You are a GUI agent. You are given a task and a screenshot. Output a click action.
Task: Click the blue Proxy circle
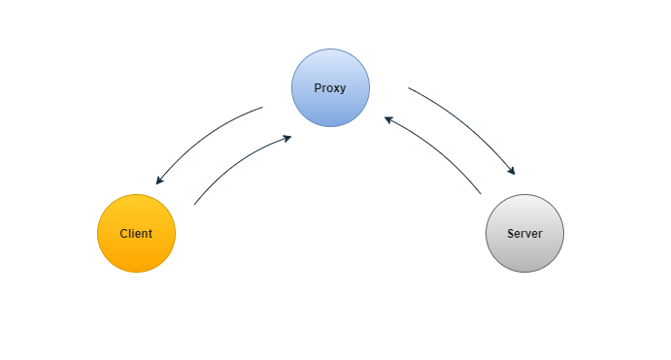[x=330, y=68]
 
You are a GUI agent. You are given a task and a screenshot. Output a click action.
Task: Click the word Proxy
[x=330, y=88]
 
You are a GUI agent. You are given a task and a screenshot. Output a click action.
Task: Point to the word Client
[x=136, y=234]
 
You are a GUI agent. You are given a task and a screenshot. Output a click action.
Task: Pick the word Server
[x=524, y=234]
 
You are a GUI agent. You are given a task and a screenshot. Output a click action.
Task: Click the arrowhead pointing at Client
[x=158, y=181]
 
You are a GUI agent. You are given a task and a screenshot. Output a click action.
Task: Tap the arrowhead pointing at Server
[x=512, y=172]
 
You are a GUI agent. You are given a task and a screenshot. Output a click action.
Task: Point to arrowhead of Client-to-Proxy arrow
[x=288, y=138]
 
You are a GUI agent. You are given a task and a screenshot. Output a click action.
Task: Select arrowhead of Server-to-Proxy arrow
[x=387, y=119]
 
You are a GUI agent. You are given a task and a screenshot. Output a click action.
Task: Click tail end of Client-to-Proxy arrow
[x=195, y=204]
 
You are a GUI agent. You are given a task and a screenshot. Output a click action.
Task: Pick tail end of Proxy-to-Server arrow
[x=408, y=88]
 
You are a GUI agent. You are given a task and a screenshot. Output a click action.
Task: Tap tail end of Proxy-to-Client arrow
[x=263, y=108]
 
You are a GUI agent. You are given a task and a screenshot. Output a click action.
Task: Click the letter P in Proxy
[x=318, y=88]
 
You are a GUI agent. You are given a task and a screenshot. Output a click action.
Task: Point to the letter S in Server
[x=511, y=234]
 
